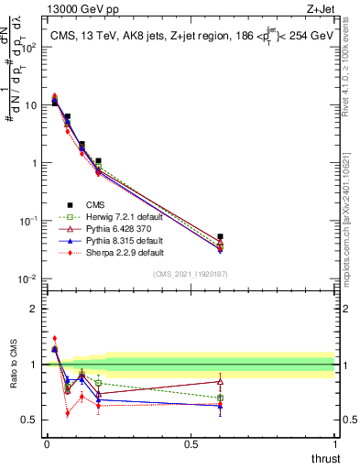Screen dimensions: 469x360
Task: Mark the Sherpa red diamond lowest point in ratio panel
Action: coord(68,413)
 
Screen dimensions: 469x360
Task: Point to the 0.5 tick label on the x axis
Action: coord(191,444)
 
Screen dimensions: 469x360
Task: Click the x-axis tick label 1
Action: coord(335,444)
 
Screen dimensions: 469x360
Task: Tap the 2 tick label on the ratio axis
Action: coord(34,309)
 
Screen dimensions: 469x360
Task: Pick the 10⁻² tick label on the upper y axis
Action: coord(29,278)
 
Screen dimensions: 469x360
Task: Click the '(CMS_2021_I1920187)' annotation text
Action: coord(190,275)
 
